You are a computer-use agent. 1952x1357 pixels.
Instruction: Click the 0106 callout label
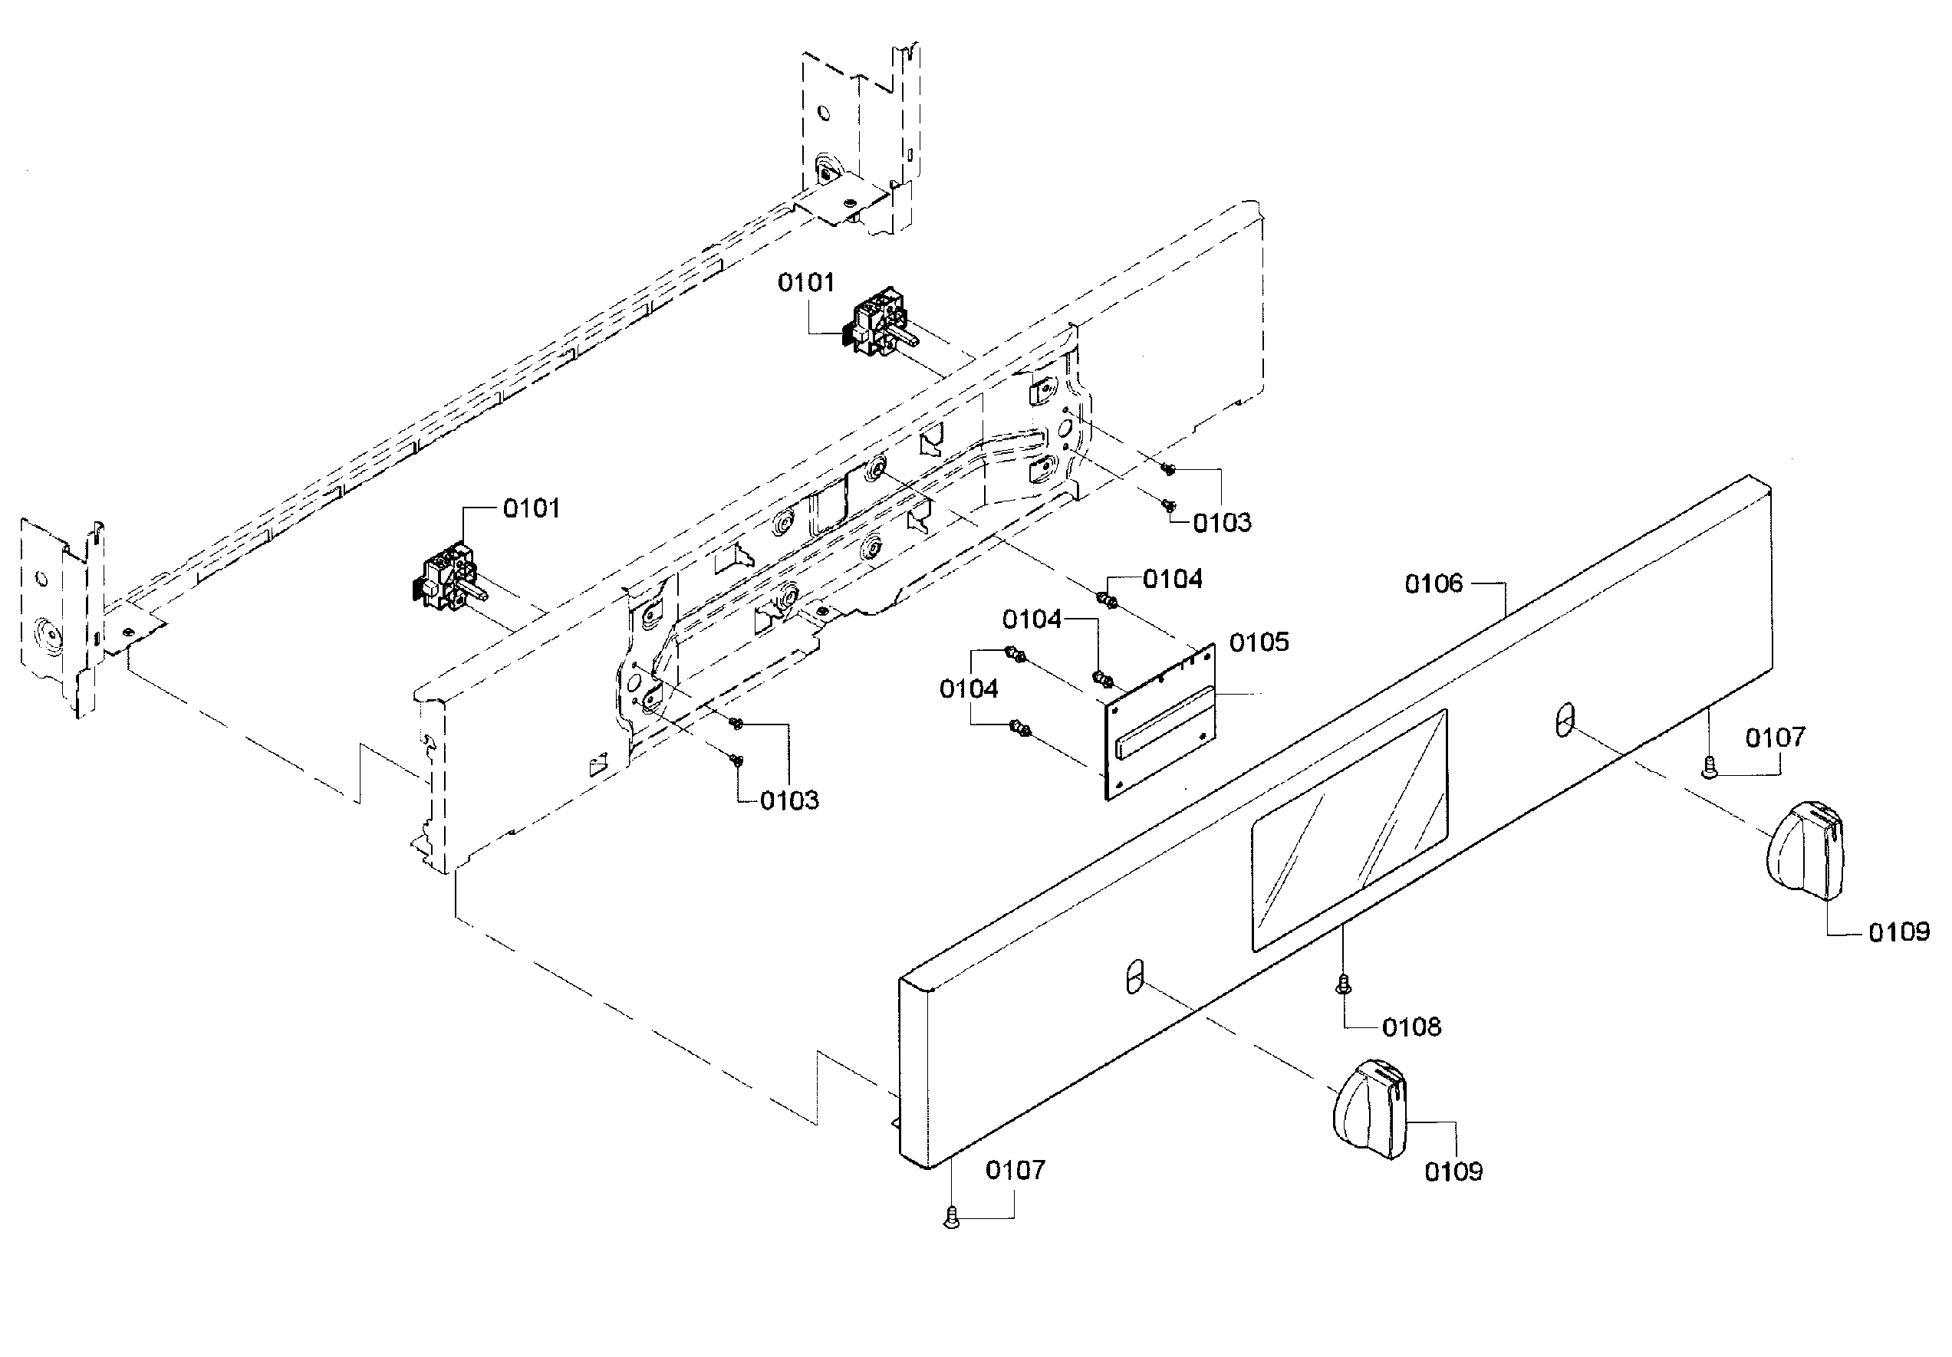(1434, 583)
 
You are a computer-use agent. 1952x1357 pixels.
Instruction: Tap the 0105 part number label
(1259, 642)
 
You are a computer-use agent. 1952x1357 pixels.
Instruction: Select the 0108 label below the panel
(1411, 1027)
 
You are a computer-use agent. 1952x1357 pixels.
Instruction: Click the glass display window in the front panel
(1348, 830)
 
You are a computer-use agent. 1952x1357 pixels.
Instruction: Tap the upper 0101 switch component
(877, 324)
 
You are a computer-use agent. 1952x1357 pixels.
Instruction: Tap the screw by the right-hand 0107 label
(1709, 769)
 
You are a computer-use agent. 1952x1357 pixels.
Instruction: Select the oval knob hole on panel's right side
(1565, 719)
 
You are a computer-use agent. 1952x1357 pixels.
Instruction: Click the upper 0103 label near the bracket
(1222, 524)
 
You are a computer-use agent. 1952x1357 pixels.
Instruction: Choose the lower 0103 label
(789, 800)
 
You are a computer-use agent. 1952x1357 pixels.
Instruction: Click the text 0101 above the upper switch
(805, 282)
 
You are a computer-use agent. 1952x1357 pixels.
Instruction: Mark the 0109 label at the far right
(1898, 933)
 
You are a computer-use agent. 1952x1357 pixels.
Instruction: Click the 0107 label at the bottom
(1014, 1171)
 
